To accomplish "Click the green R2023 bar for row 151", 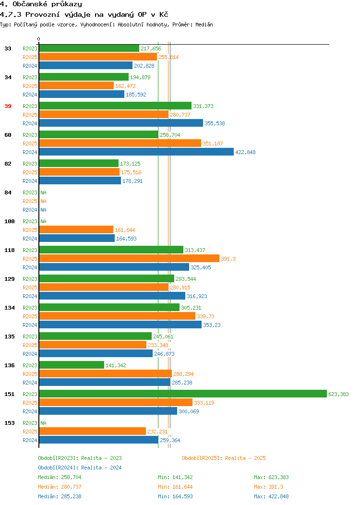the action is pos(183,394).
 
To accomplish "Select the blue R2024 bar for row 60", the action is pos(136,152).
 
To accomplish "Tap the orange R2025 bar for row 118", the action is pos(129,259).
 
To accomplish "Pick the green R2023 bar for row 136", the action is pos(72,365).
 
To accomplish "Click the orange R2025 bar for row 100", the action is pos(76,230).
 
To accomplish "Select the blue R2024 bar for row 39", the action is pos(121,123).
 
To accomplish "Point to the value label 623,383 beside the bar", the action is pos(338,394).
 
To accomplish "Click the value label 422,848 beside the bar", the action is pos(245,152).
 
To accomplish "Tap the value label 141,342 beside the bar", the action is pos(116,365).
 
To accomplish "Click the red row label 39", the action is pos(8,106).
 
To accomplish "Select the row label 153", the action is pos(10,423).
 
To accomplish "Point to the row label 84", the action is pos(8,192).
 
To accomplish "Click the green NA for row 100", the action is pos(44,222).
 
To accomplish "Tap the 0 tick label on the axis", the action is pos(39,39).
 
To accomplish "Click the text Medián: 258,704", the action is pos(60,477).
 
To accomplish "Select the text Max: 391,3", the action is pos(268,487).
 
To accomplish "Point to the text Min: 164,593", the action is pos(176,497).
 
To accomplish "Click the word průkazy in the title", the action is pos(67,4).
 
